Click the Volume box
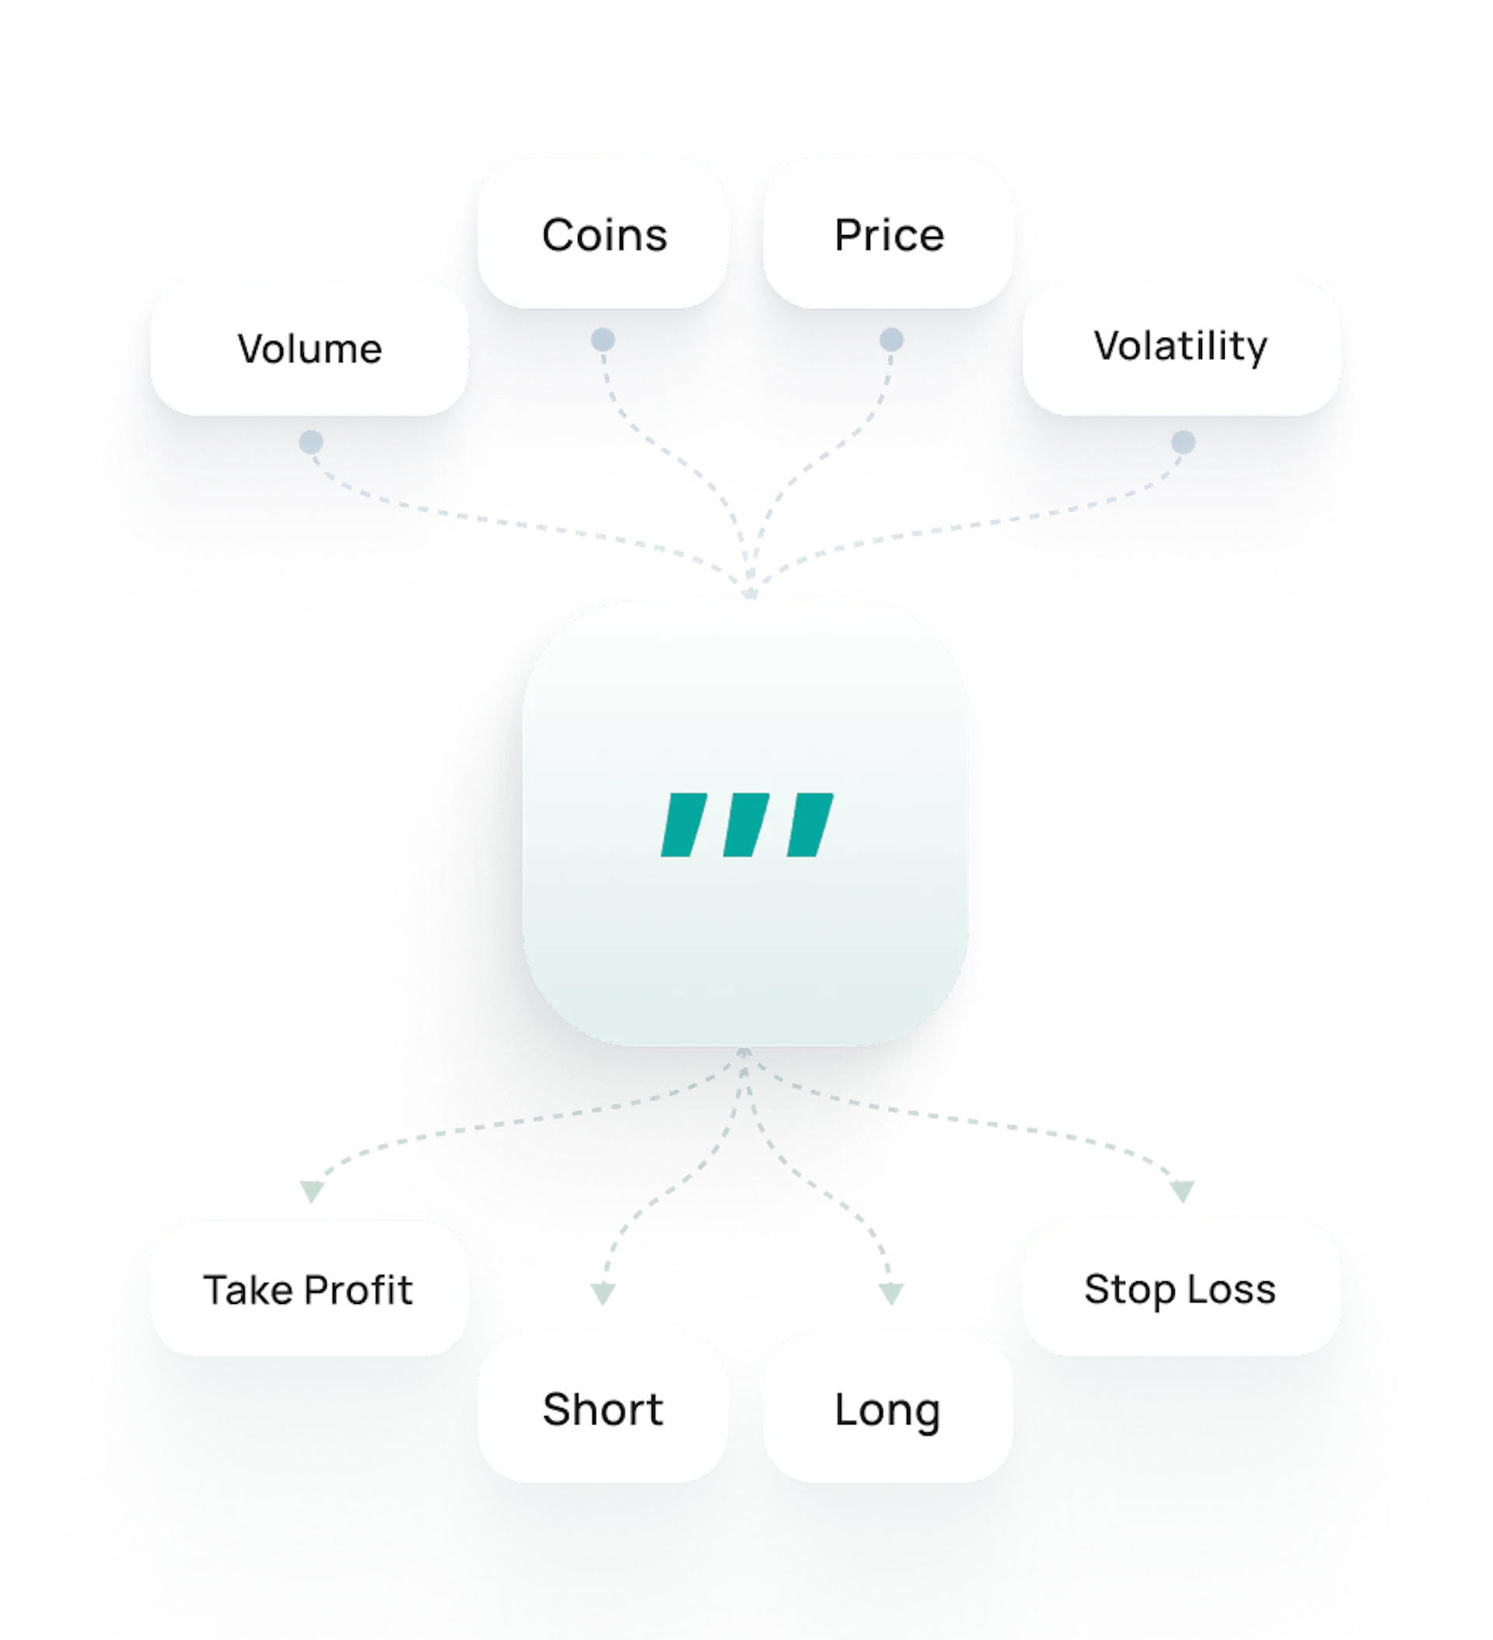[309, 349]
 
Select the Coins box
[603, 233]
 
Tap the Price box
[888, 233]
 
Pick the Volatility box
[1180, 346]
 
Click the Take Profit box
[309, 1289]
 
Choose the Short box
[603, 1409]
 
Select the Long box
[888, 1409]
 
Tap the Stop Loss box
[1180, 1288]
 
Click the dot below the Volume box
[310, 443]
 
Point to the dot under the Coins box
[603, 339]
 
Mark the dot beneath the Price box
[891, 339]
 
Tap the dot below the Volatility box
[1184, 443]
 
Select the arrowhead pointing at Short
[603, 1294]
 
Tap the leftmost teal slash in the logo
[683, 824]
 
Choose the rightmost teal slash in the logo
[810, 824]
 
